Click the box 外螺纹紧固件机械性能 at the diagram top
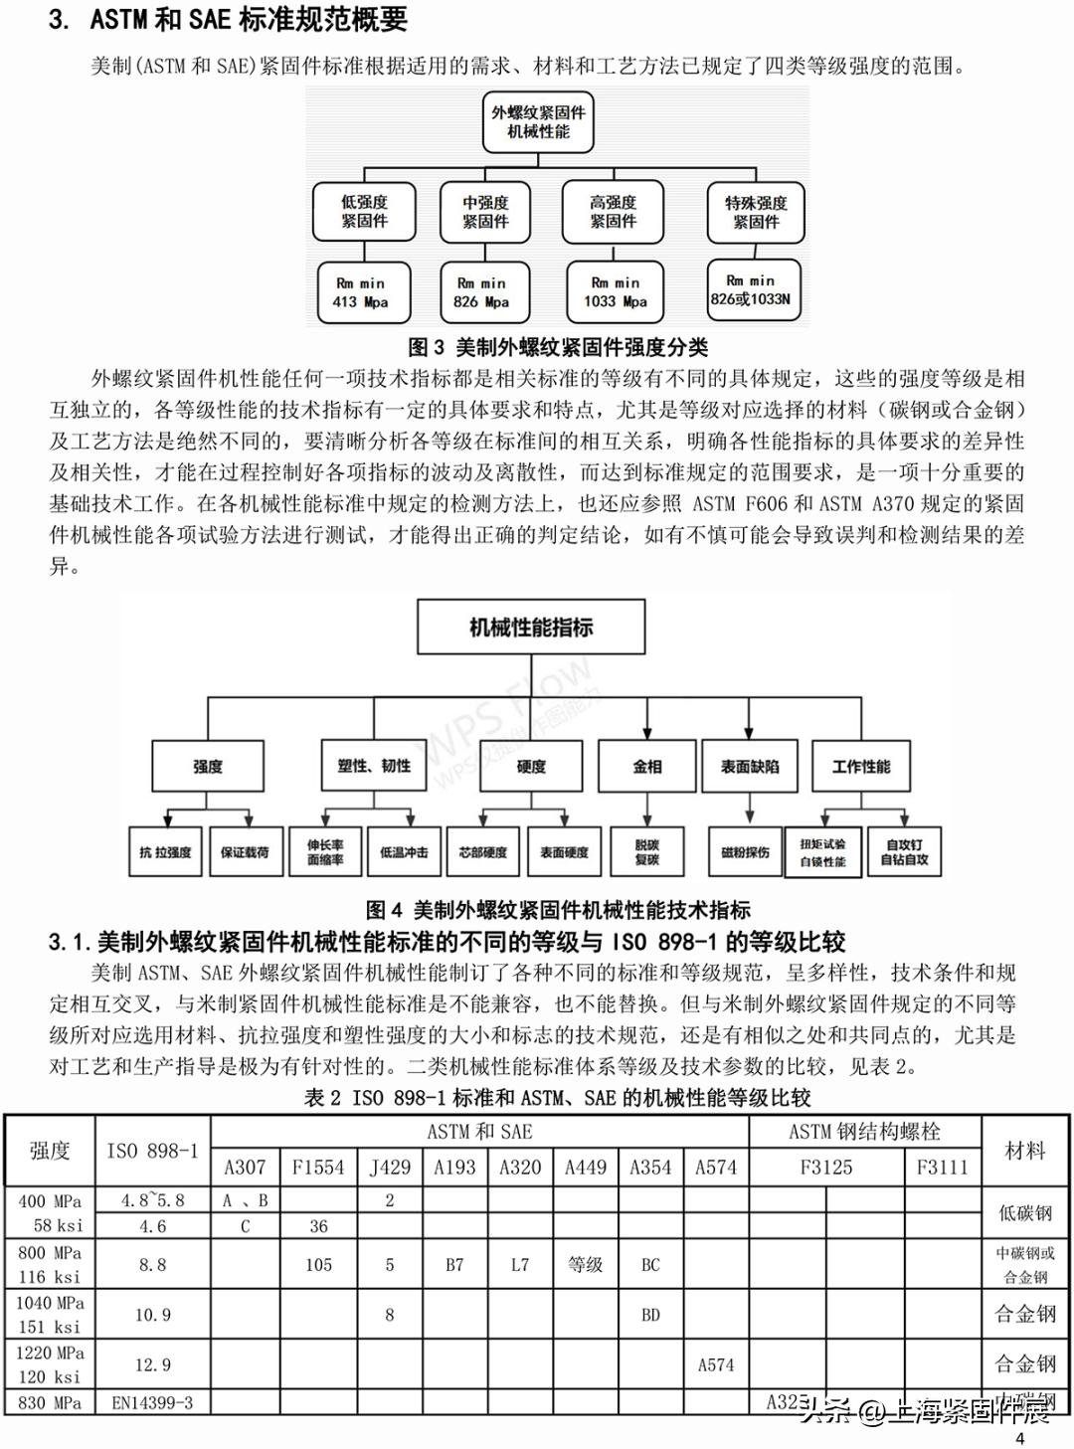point(538,121)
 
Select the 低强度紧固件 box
point(364,212)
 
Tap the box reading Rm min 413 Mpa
point(360,292)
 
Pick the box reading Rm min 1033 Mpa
point(615,291)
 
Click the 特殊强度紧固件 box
point(755,212)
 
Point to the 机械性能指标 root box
point(531,628)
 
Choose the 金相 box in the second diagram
point(647,766)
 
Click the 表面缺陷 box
point(750,766)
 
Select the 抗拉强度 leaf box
point(166,852)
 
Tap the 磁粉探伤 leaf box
point(745,852)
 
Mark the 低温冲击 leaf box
point(404,852)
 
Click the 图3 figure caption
point(558,347)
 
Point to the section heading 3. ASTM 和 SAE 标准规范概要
point(228,20)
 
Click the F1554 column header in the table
point(318,1168)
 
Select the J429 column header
point(390,1168)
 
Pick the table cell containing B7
point(454,1265)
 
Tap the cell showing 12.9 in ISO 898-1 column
point(153,1364)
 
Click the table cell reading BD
point(650,1315)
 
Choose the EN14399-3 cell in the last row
point(153,1403)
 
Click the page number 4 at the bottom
point(1018,1438)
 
